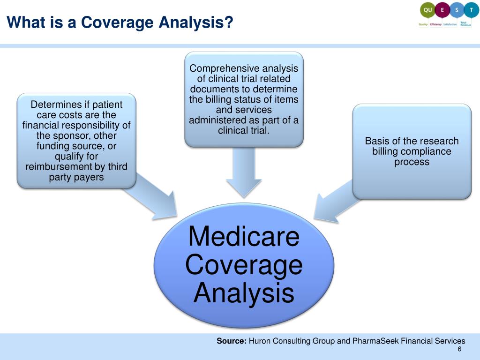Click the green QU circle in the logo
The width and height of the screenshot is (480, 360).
tap(427, 10)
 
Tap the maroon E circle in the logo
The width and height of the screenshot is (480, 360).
tap(442, 10)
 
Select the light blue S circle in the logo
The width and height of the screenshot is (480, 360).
tap(457, 10)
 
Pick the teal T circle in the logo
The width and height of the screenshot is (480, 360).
tap(471, 10)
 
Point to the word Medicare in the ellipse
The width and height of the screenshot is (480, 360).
tap(243, 236)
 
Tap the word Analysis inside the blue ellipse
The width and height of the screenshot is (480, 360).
tap(243, 293)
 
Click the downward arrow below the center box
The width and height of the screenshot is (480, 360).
tap(243, 173)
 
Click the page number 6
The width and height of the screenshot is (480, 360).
tap(459, 351)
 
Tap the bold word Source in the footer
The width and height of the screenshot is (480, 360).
tap(231, 341)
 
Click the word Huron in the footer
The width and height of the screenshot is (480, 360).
tap(259, 341)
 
